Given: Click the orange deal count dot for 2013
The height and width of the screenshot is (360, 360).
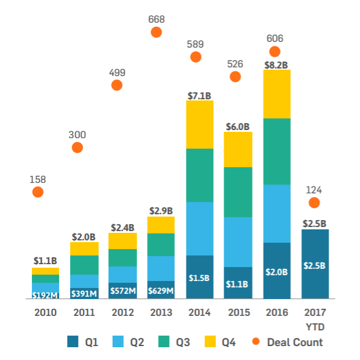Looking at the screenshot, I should [x=156, y=32].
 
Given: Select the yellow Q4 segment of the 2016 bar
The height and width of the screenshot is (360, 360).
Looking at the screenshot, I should [x=276, y=94].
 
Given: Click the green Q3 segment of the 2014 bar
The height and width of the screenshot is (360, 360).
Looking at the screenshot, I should [x=199, y=175].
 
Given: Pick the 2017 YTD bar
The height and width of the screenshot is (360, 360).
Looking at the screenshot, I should [x=315, y=264].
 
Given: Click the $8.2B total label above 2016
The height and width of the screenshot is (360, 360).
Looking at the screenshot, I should [x=276, y=65].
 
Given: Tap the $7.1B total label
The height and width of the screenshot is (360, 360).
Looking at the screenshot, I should [x=199, y=95].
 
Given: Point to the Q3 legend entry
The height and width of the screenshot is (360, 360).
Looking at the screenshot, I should [x=174, y=342].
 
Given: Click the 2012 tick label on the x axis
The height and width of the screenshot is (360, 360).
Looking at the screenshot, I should [x=123, y=313].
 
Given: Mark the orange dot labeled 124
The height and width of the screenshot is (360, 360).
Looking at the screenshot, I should [x=314, y=203].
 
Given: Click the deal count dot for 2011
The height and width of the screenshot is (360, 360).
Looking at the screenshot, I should [x=77, y=147].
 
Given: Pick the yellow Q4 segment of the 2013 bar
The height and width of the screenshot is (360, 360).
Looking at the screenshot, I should [x=161, y=225].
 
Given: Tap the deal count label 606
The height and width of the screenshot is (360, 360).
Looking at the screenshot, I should [x=275, y=38].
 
